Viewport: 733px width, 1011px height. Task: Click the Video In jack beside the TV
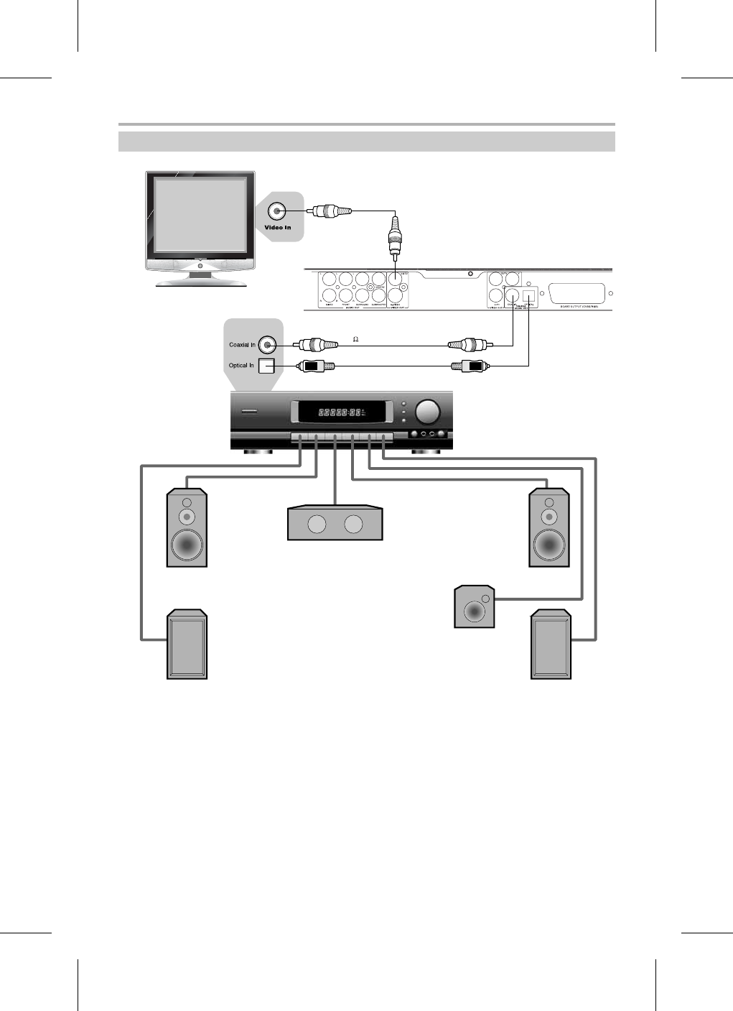point(276,211)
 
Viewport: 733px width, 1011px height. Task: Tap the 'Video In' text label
point(278,228)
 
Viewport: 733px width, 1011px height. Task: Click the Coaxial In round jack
point(267,346)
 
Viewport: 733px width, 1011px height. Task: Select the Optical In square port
point(266,366)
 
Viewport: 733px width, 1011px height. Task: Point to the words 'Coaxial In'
point(242,345)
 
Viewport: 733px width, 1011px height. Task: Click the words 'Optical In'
point(241,366)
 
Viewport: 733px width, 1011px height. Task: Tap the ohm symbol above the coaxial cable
point(355,339)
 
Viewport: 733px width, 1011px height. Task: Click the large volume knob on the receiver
point(428,411)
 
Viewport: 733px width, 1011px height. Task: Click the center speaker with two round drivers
point(335,524)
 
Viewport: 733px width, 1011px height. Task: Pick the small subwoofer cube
point(475,607)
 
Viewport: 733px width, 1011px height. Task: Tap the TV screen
point(200,215)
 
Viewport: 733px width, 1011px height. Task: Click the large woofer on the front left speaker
point(187,545)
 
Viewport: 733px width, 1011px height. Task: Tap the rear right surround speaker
point(551,645)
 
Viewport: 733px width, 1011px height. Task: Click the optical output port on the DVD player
point(529,293)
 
